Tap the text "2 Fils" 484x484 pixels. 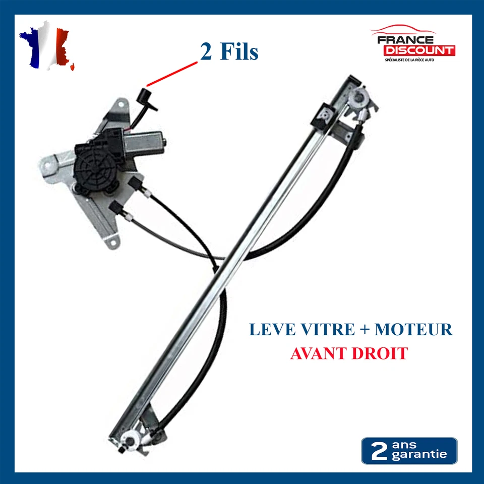coord(229,52)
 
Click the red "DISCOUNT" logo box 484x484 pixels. coord(418,50)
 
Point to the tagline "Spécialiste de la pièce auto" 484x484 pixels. coord(409,60)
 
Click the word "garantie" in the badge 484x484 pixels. coord(419,455)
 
